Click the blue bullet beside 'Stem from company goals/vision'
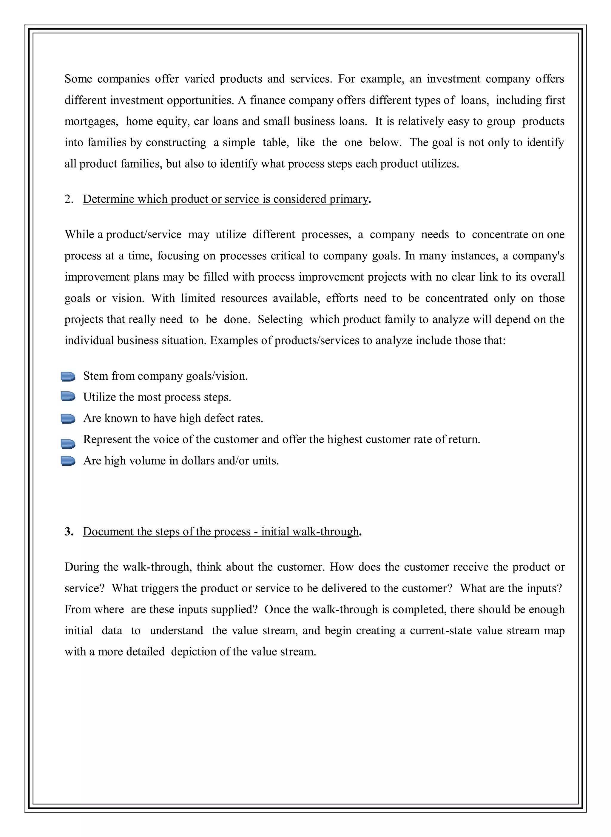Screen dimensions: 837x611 pos(68,377)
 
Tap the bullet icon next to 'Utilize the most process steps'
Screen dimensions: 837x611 pos(68,397)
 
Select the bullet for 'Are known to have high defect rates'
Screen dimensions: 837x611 pos(68,418)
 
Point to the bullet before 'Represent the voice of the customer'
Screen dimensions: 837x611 pos(68,444)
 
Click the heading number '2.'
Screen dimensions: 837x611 pos(69,199)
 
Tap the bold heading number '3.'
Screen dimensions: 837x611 pos(69,532)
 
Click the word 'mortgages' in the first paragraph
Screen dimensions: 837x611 pos(91,122)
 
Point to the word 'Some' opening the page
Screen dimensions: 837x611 pos(78,79)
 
